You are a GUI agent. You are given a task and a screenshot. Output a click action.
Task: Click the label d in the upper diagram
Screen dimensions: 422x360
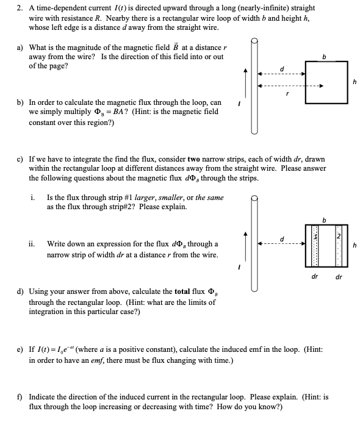pyautogui.click(x=282, y=66)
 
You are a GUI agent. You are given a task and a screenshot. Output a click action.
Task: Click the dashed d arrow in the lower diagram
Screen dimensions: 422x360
pyautogui.click(x=280, y=246)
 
